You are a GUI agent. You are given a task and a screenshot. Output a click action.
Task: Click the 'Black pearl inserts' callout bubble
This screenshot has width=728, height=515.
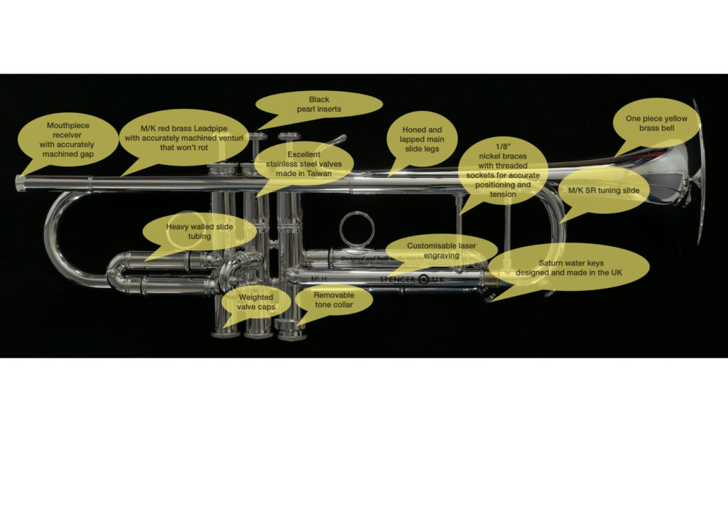pyautogui.click(x=319, y=105)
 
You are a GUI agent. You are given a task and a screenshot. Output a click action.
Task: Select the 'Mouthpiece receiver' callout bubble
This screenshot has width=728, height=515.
pyautogui.click(x=68, y=140)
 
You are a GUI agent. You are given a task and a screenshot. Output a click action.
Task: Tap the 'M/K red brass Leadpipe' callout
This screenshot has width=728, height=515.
pyautogui.click(x=184, y=138)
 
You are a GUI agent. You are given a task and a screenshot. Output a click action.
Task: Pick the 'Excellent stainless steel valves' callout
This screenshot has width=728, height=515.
pyautogui.click(x=304, y=164)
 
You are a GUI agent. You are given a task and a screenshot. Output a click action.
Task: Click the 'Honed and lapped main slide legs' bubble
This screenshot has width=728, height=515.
pyautogui.click(x=422, y=139)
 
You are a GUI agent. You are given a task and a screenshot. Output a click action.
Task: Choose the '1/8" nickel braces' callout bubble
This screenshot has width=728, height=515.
pyautogui.click(x=503, y=171)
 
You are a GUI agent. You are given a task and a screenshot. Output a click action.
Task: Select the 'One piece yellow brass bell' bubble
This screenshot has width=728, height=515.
pyautogui.click(x=656, y=123)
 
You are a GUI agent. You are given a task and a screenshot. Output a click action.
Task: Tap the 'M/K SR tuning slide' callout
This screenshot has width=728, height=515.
pyautogui.click(x=604, y=191)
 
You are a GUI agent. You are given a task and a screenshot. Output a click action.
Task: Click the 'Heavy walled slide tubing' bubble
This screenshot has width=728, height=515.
pyautogui.click(x=200, y=231)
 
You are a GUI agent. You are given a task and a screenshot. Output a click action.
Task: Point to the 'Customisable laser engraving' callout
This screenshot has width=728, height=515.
pyautogui.click(x=441, y=251)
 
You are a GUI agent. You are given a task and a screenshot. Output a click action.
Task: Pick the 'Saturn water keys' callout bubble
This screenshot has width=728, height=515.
pyautogui.click(x=569, y=268)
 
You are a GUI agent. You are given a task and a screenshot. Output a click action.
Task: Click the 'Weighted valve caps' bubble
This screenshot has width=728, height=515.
pyautogui.click(x=256, y=302)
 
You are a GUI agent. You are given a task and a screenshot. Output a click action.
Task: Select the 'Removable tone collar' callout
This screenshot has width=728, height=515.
pyautogui.click(x=334, y=300)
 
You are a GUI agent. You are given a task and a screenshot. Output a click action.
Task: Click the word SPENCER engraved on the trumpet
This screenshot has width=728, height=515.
pyautogui.click(x=397, y=280)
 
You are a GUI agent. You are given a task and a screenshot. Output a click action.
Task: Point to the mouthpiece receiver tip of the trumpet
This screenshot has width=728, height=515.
pyautogui.click(x=18, y=183)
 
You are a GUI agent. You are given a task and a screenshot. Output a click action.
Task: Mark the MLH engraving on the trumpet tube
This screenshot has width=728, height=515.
pyautogui.click(x=319, y=279)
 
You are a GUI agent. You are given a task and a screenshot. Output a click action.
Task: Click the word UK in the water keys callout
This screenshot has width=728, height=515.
pyautogui.click(x=616, y=272)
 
